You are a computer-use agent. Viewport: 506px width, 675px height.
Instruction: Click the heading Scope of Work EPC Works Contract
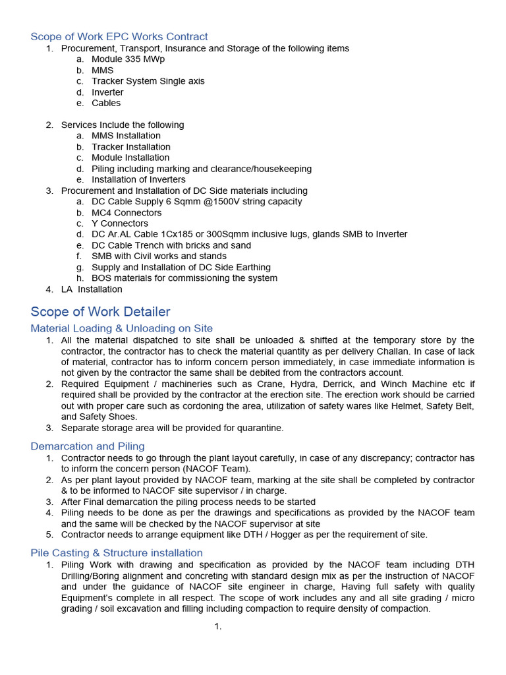(x=119, y=37)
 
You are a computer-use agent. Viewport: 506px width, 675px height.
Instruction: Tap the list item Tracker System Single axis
(x=148, y=81)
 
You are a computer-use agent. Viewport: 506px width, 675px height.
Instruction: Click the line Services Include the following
(x=123, y=125)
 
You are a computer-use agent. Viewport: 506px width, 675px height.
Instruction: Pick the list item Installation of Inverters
(x=138, y=179)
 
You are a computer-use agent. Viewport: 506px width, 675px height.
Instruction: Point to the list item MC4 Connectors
(x=126, y=212)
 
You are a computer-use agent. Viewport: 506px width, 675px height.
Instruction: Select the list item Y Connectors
(x=120, y=223)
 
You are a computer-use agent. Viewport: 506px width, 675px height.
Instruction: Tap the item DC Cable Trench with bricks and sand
(x=171, y=245)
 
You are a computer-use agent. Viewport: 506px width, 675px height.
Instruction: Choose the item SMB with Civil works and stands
(x=159, y=256)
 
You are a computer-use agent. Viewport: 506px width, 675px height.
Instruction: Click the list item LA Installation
(x=92, y=289)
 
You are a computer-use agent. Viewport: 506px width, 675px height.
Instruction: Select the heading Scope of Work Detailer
(x=100, y=312)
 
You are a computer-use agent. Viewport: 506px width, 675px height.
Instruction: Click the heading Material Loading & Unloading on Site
(x=121, y=328)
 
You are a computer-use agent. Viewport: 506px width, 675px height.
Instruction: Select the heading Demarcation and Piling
(x=88, y=446)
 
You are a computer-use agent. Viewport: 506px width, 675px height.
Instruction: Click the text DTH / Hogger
(x=248, y=535)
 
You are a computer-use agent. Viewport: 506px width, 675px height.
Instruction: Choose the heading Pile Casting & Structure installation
(x=117, y=552)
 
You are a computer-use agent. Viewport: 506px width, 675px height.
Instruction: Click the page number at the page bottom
(x=217, y=626)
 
